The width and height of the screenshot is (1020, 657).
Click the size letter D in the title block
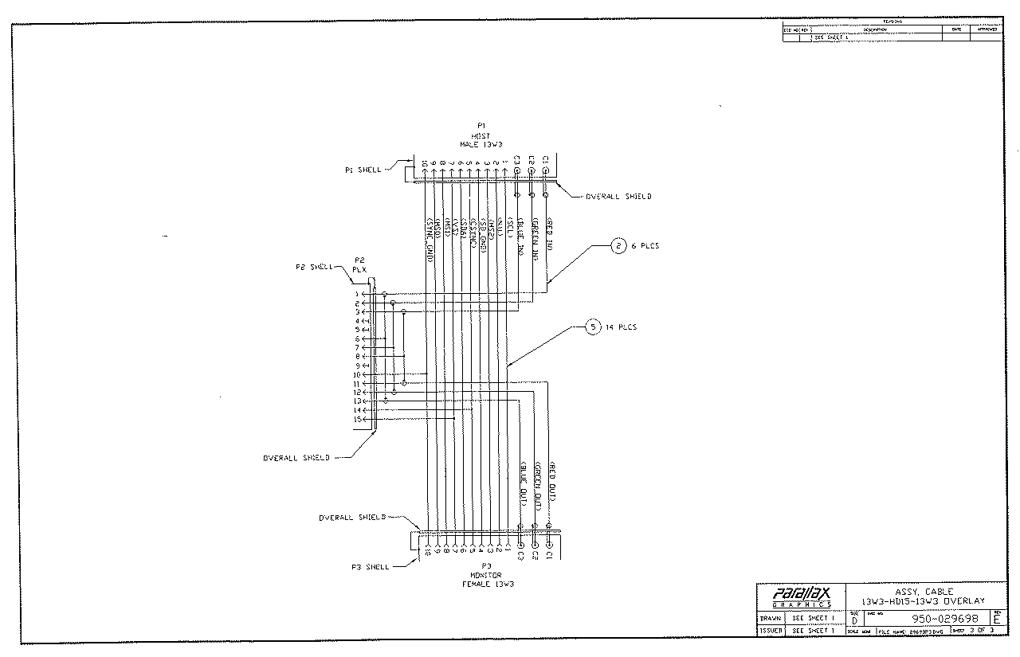854,620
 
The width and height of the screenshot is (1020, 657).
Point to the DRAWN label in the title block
770,618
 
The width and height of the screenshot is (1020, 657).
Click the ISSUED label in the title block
770,630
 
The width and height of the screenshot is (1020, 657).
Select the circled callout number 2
619,246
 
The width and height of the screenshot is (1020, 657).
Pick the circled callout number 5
593,327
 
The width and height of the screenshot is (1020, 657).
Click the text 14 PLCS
621,327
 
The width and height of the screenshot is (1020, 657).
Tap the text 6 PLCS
646,246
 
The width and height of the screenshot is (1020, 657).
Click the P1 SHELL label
363,170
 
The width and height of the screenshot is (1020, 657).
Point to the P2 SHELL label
314,267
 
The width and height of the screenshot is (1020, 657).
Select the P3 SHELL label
371,567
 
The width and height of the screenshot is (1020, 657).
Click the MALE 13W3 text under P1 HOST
481,144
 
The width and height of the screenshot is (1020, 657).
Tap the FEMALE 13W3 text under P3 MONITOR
488,584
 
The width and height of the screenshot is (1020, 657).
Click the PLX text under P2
359,269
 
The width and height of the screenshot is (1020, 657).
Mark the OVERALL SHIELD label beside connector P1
618,196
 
